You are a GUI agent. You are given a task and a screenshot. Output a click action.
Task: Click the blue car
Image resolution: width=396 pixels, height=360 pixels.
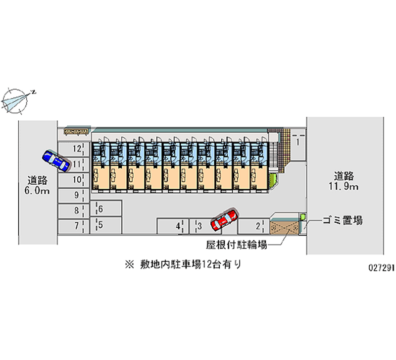tap(55, 160)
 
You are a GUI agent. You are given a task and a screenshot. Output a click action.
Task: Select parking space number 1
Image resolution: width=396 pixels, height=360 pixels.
tap(297, 142)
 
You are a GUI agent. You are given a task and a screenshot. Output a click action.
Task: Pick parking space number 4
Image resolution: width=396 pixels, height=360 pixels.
tap(173, 226)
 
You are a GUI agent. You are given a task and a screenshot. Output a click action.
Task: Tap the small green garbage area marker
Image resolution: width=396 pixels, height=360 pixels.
tap(303, 216)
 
